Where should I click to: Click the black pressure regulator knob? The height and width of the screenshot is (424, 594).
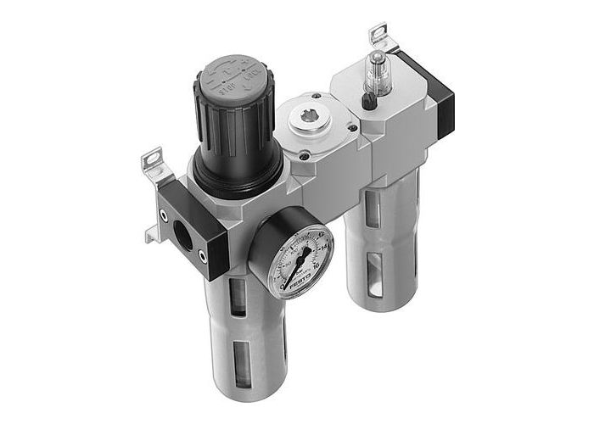tap(229, 127)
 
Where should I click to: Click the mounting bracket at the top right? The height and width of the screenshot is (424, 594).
tap(378, 38)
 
